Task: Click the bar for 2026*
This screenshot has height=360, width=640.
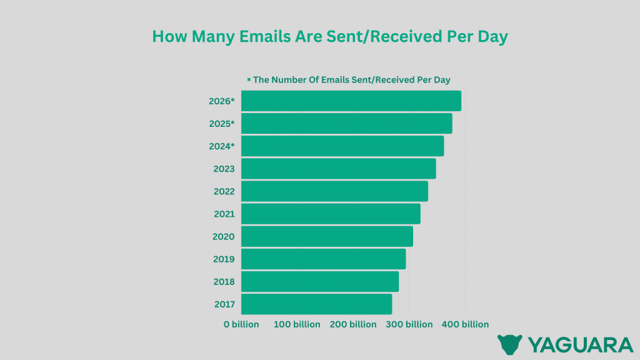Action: pos(351,101)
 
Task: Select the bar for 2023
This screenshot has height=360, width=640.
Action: pos(338,169)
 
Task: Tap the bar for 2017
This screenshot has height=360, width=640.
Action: pos(316,304)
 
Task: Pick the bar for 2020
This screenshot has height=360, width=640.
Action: pos(327,236)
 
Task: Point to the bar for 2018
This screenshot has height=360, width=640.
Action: pos(320,282)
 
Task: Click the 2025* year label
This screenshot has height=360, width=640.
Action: pos(222,124)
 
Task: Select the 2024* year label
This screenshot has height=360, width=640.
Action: pos(222,146)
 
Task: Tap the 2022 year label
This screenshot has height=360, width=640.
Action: pos(224,191)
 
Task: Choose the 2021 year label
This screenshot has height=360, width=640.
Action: pos(224,214)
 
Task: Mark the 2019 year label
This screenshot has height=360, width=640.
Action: pos(224,259)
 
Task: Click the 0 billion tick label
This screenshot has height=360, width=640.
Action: pos(241,324)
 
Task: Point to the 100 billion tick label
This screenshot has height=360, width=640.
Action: pos(297,324)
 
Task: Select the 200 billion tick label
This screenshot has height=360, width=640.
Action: pos(353,324)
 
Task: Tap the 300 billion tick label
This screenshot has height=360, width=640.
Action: pos(409,324)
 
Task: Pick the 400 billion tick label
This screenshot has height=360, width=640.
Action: pos(465,324)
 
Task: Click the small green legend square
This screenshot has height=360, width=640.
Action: pos(249,79)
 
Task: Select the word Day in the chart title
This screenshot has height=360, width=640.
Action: pos(491,37)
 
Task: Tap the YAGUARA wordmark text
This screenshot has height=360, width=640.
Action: pos(581,345)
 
